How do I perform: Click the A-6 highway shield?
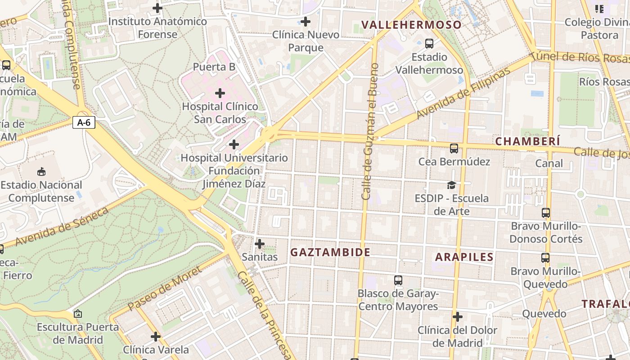[x=84, y=122]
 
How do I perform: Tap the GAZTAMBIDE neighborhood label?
[x=330, y=252]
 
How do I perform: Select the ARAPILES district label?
[x=464, y=257]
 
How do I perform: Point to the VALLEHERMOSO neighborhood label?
[x=412, y=25]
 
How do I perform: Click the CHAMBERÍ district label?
[x=527, y=141]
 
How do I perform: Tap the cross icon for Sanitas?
[x=260, y=244]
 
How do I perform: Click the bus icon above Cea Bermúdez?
[x=454, y=148]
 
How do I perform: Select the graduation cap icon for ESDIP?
[x=451, y=185]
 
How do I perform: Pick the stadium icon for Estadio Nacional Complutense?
[x=41, y=171]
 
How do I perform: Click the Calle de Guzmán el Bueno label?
[x=369, y=131]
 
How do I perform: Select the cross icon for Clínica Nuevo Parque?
[x=306, y=21]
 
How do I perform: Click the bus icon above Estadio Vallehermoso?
[x=429, y=44]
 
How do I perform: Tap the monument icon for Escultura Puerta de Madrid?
[x=78, y=314]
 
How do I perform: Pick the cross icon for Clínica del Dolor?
[x=458, y=317]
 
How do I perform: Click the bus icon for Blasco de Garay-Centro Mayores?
[x=398, y=280]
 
